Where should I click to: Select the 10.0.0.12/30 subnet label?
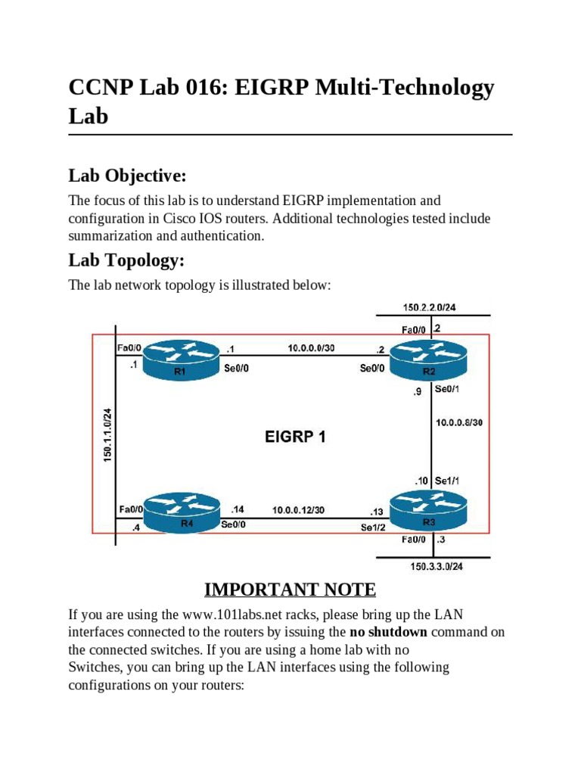(299, 510)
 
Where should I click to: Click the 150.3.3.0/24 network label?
(437, 566)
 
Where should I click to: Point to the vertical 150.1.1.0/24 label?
(107, 435)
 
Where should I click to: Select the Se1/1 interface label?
(447, 480)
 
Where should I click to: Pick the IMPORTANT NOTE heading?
(290, 590)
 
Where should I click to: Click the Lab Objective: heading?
(127, 176)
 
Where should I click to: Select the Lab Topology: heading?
(126, 260)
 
